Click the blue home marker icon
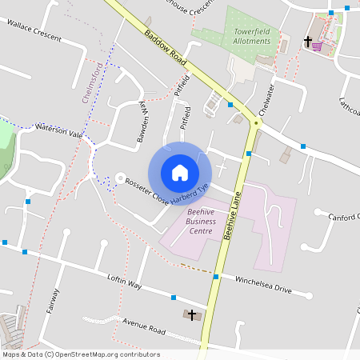180,172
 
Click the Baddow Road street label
166,50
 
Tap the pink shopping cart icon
317,46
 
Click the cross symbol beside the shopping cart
306,40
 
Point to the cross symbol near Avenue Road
192,315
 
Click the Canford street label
344,216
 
